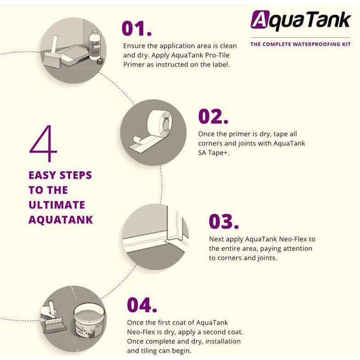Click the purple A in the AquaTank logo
(x=260, y=20)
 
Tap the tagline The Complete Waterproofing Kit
(x=300, y=44)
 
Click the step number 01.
(x=137, y=28)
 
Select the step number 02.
(x=213, y=116)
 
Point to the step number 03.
(x=224, y=221)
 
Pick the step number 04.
(x=142, y=304)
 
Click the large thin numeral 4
(x=43, y=143)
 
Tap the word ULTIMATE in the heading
(x=57, y=205)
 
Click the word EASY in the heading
(x=43, y=175)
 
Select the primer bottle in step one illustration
(x=95, y=45)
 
